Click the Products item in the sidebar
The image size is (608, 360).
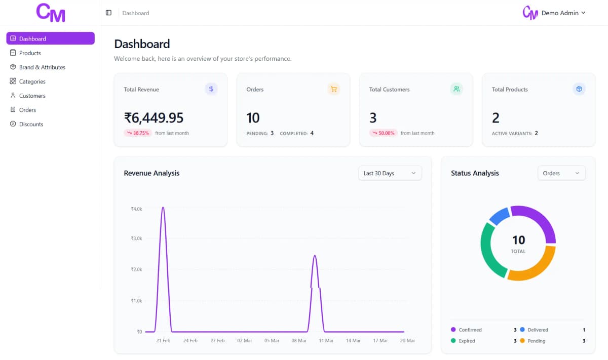pyautogui.click(x=30, y=53)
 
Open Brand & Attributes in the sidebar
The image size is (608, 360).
pyautogui.click(x=42, y=67)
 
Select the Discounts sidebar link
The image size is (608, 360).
pyautogui.click(x=31, y=124)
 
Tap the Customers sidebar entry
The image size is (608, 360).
pyautogui.click(x=32, y=96)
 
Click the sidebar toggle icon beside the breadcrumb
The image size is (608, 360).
pyautogui.click(x=108, y=13)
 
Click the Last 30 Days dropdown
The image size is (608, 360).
pyautogui.click(x=389, y=173)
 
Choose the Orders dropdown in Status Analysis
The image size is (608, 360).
pyautogui.click(x=561, y=173)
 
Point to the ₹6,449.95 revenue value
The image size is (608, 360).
pyautogui.click(x=154, y=118)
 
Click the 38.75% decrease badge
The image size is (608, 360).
pyautogui.click(x=138, y=133)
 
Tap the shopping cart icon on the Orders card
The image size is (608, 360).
pyautogui.click(x=333, y=89)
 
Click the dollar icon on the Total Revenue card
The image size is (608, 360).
pyautogui.click(x=211, y=89)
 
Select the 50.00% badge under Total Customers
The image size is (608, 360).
pyautogui.click(x=383, y=133)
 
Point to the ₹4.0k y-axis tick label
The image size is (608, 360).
pyautogui.click(x=136, y=209)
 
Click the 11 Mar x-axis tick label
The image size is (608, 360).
pyautogui.click(x=326, y=341)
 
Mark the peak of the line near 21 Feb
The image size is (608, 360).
pyautogui.click(x=163, y=207)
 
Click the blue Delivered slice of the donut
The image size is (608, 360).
pyautogui.click(x=499, y=216)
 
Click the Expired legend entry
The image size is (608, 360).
pyautogui.click(x=467, y=341)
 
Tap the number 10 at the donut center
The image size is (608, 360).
pyautogui.click(x=518, y=240)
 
